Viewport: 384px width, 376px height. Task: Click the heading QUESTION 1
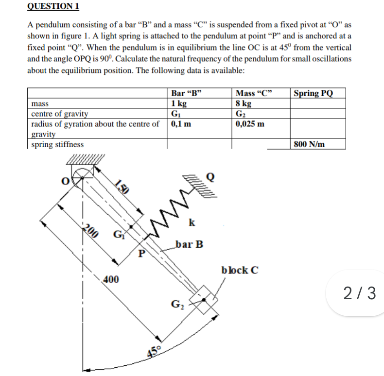coord(53,6)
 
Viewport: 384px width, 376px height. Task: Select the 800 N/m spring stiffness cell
coord(310,144)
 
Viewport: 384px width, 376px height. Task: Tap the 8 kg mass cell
coord(244,104)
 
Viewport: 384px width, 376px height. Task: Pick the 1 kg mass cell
coord(179,104)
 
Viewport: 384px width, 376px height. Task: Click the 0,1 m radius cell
coord(181,123)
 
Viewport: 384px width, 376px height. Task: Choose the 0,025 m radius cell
coord(250,123)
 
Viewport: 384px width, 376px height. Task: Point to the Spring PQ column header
coord(314,93)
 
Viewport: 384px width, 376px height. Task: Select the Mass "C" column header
coord(254,93)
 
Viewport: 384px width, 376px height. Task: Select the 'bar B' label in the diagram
coord(190,243)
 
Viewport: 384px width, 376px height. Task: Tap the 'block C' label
coord(239,270)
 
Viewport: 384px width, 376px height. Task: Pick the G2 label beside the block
coord(175,305)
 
